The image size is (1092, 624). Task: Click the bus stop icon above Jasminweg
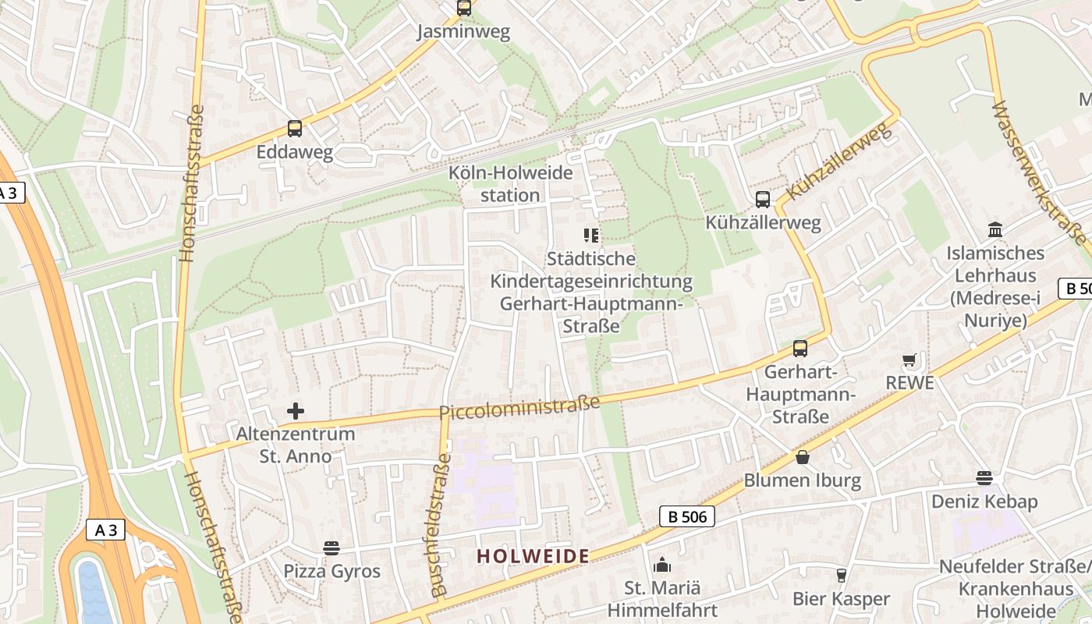point(464,9)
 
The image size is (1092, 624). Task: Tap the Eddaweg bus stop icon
point(294,129)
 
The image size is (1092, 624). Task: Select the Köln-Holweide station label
point(510,184)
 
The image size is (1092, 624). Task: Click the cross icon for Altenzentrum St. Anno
point(296,410)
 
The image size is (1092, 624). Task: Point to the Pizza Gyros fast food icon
point(331,548)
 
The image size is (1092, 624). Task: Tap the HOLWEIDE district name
point(533,556)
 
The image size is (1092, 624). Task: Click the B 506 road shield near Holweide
point(687,516)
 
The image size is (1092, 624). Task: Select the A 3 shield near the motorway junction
point(105,530)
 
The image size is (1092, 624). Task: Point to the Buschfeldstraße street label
point(438,524)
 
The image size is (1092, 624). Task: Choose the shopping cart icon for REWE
point(909,360)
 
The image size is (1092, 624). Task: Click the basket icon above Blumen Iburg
point(802,457)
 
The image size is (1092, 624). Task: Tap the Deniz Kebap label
point(984,501)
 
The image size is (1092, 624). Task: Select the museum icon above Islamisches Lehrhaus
point(995,230)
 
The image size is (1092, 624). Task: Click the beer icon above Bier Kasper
point(841,576)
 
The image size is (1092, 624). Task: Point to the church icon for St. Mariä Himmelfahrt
point(661,564)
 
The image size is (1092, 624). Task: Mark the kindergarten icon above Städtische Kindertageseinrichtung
point(591,235)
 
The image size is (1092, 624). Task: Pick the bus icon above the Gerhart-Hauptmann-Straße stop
point(800,349)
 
